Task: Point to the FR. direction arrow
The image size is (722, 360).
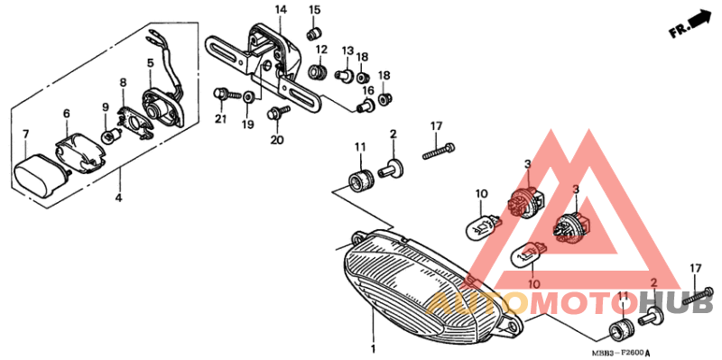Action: (690, 24)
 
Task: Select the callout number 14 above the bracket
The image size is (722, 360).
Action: (281, 10)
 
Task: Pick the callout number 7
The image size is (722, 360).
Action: (25, 135)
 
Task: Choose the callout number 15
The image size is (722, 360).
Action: (315, 10)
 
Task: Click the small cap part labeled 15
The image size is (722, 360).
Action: (315, 33)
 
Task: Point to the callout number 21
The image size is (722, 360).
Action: (218, 119)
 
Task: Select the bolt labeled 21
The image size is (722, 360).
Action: (221, 93)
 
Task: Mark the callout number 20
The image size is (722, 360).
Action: (277, 140)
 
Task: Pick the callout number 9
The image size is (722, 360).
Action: (106, 108)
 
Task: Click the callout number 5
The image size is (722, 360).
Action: (151, 63)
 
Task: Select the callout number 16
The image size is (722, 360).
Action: (368, 90)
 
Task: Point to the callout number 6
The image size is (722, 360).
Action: (66, 114)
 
